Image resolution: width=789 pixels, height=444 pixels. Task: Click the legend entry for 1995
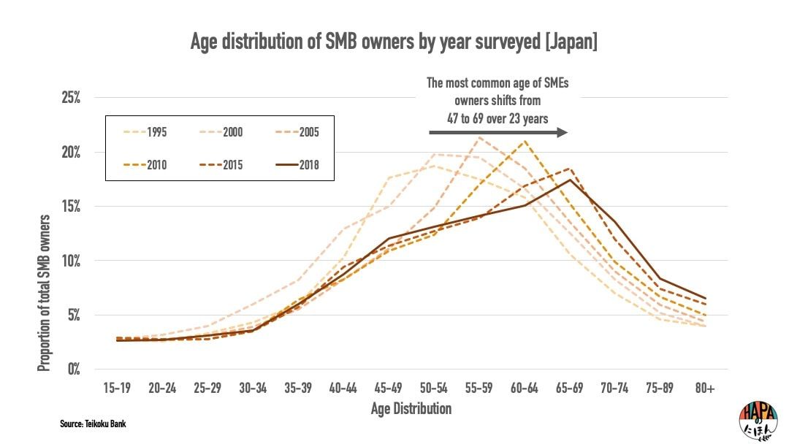[x=143, y=132]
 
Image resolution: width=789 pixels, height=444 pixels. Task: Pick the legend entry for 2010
[x=143, y=164]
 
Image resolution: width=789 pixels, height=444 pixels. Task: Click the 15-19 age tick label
[x=117, y=388]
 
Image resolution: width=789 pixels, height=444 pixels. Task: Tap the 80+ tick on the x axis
[x=704, y=388]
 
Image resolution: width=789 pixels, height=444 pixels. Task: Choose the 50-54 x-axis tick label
[x=433, y=388]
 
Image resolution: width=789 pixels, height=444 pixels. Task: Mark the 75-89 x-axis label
[x=659, y=388]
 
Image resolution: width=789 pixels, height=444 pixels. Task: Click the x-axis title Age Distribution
[x=411, y=408]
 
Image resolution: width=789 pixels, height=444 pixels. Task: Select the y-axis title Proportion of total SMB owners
[x=45, y=292]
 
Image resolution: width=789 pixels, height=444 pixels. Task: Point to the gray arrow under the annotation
[x=498, y=132]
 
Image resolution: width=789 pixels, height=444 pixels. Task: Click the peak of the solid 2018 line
[x=569, y=180]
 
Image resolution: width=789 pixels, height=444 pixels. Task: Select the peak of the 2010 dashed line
[x=524, y=141]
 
